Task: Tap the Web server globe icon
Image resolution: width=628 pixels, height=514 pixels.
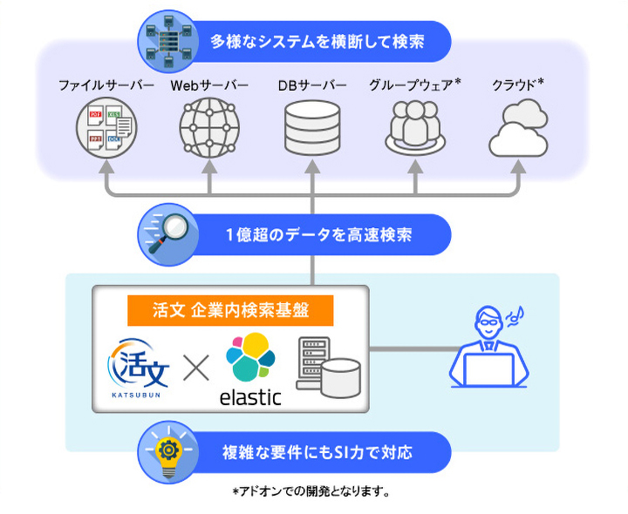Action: (209, 128)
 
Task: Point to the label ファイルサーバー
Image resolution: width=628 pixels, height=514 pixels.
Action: (106, 85)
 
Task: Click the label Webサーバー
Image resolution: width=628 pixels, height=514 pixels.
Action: (209, 85)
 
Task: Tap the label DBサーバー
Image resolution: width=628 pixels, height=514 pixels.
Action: (312, 85)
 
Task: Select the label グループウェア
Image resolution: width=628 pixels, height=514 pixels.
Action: (411, 85)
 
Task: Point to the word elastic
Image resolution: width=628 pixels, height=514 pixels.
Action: (249, 397)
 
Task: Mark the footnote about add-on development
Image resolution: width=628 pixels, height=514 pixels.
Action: (311, 491)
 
